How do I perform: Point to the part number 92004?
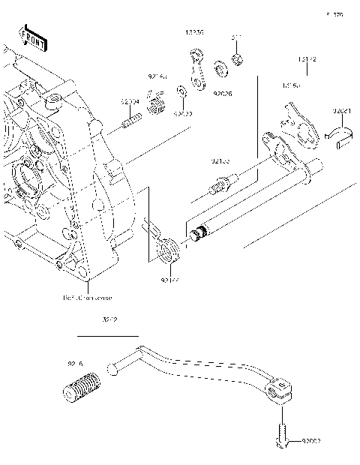tap(130, 101)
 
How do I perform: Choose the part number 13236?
tap(194, 32)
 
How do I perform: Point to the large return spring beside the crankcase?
tap(168, 249)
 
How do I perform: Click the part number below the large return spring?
tap(169, 278)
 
